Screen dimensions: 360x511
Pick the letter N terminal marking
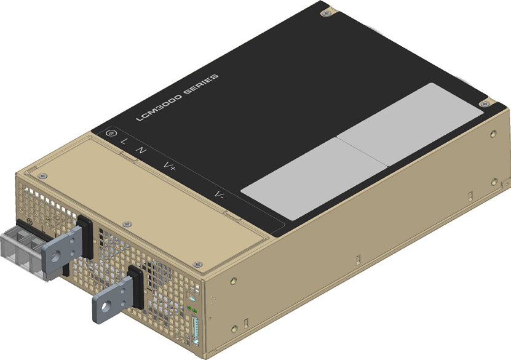tap(141, 149)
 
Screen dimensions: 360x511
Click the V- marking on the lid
tap(220, 195)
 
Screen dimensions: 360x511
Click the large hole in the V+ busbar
tap(59, 252)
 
